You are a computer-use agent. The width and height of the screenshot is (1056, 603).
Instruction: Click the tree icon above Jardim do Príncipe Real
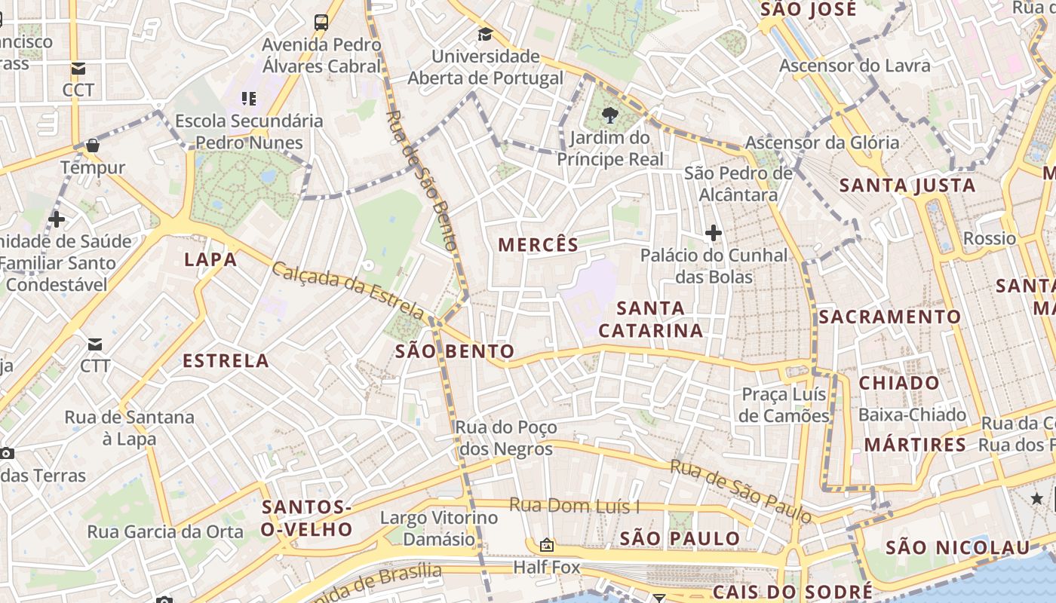coord(609,115)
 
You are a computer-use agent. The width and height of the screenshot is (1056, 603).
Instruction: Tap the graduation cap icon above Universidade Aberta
coord(485,35)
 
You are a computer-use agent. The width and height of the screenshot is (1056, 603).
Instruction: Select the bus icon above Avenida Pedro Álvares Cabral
coord(321,22)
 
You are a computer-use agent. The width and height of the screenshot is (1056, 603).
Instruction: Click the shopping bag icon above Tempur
coord(93,145)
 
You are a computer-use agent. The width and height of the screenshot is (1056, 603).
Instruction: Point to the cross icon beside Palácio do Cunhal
coord(713,233)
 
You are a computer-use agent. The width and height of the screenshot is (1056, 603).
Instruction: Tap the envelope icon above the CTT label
coord(95,344)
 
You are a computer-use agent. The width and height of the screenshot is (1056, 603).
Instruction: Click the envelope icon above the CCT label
coord(78,69)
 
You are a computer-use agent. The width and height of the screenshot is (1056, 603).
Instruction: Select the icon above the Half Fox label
coord(547,545)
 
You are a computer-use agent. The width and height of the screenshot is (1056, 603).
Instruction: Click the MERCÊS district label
coord(539,245)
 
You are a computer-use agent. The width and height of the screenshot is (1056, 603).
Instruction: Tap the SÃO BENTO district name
coord(455,351)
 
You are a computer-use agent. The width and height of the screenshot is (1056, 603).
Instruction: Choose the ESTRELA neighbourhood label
coord(226,360)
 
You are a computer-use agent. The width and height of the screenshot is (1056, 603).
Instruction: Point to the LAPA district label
coord(210,260)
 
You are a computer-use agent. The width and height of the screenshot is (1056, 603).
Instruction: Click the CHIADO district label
coord(899,383)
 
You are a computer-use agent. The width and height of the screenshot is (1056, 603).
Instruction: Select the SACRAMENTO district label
coord(890,317)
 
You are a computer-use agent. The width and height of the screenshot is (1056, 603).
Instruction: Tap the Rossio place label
coord(990,239)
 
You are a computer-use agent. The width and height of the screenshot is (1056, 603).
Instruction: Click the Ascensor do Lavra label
coord(855,66)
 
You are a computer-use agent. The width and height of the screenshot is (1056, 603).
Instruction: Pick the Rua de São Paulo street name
coord(741,491)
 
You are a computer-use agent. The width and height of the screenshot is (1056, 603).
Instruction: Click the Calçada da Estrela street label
coord(348,289)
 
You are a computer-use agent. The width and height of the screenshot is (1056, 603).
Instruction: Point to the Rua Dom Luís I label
coord(574,505)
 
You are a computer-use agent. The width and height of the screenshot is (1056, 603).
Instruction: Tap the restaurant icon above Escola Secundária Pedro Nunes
coord(249,98)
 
